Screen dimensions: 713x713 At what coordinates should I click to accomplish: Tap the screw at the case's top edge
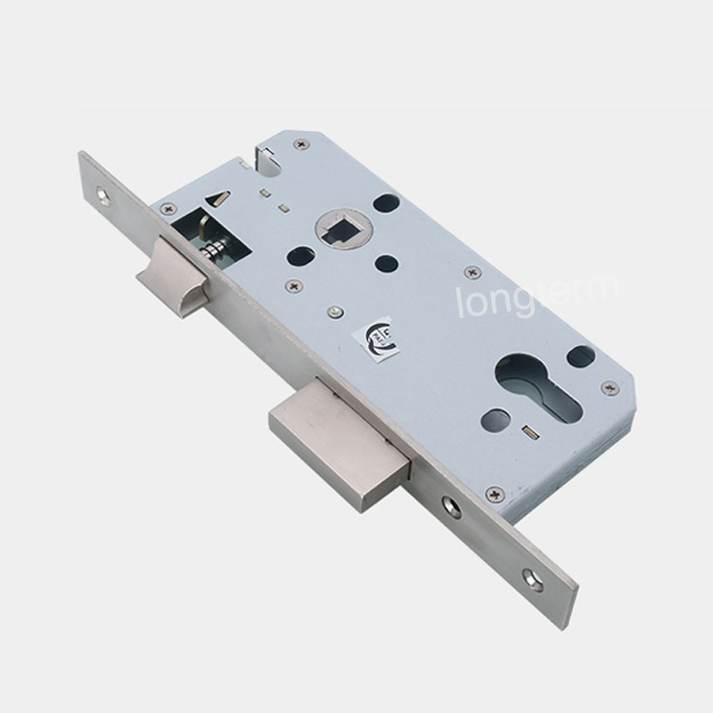click(302, 143)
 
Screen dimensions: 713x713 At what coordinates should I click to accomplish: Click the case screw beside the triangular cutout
click(168, 209)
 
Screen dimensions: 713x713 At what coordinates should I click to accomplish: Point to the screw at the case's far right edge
click(610, 388)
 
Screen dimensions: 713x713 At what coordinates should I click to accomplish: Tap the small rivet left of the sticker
click(333, 312)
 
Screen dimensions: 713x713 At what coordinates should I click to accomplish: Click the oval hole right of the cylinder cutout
click(580, 356)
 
